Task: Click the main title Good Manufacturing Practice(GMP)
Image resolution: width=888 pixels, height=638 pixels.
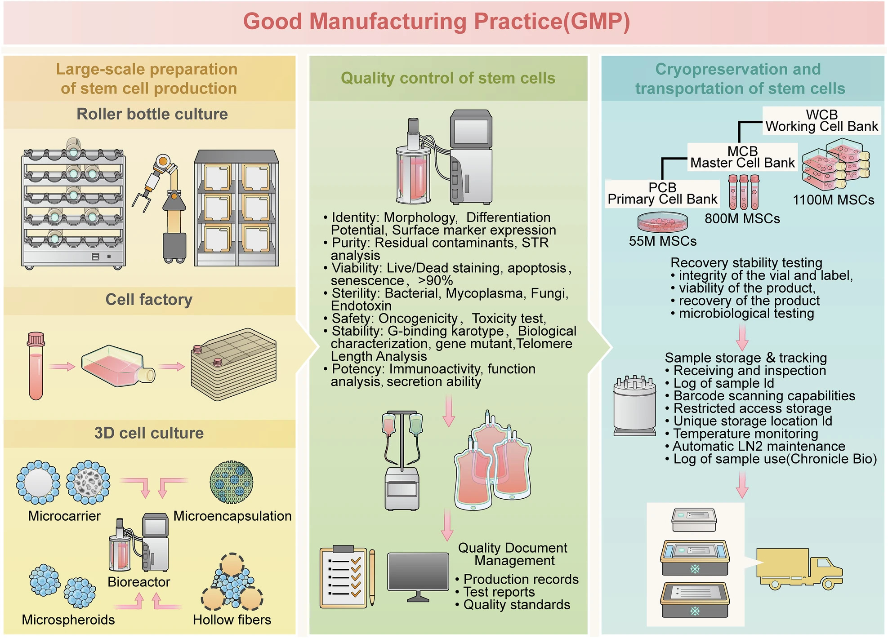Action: point(437,22)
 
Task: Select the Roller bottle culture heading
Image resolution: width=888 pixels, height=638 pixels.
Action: point(152,114)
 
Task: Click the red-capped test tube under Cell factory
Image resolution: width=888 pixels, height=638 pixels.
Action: point(36,366)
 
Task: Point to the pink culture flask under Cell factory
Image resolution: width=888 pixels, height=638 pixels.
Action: point(118,365)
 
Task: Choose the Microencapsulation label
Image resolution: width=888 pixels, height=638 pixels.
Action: point(232,516)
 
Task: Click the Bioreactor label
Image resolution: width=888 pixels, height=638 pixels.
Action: point(139,582)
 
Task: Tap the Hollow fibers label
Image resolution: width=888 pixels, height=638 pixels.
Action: point(232,620)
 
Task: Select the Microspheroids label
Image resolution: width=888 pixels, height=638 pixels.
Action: point(68,620)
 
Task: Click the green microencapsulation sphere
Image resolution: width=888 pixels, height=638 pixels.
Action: point(231,482)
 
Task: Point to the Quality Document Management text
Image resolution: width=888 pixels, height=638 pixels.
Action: point(513,554)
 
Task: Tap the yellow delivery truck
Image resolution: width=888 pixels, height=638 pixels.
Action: point(799,568)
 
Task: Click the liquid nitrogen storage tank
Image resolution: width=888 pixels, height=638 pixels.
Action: point(635,406)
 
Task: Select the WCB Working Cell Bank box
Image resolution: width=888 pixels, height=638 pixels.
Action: point(821,120)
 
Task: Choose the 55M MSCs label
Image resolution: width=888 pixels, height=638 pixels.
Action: point(663,241)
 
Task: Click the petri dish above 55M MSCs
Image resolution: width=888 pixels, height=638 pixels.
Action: point(663,222)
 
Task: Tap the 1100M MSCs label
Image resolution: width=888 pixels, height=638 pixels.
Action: point(834,200)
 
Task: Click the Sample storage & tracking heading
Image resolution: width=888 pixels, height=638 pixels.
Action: point(746,358)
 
